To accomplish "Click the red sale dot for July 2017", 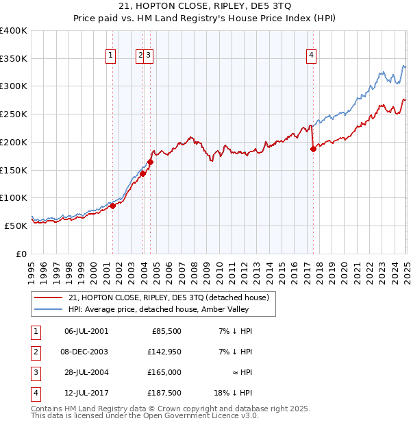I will tap(313, 148).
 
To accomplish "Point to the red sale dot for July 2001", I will tap(112, 206).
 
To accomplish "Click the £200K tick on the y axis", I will tap(14, 142).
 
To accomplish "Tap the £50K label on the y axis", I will tap(15, 226).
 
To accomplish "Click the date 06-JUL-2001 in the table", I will tap(86, 331).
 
